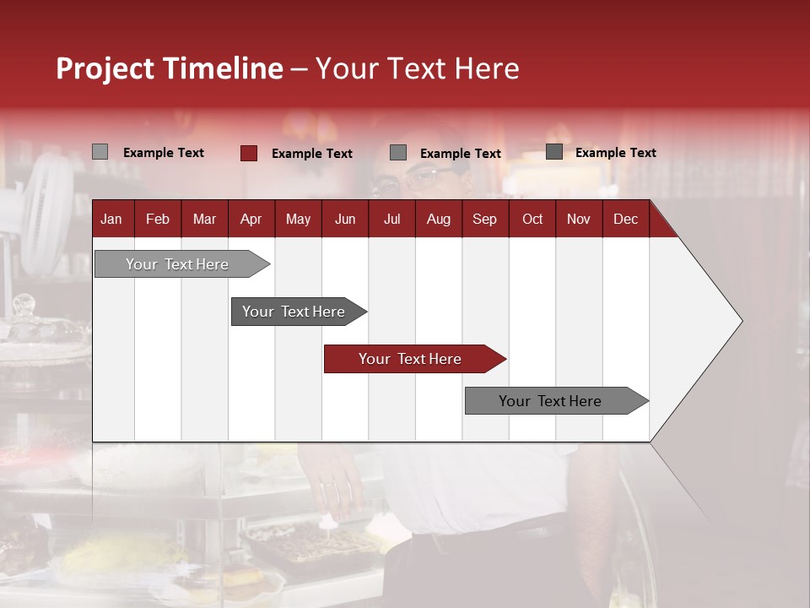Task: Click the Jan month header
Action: pos(111,220)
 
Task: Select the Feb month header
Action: pos(158,220)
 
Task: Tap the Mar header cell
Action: pos(204,220)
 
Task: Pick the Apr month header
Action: pos(251,220)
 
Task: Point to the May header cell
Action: pos(298,220)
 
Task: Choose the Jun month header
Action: pos(345,220)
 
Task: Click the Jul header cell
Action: pos(391,220)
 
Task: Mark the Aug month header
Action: pos(438,220)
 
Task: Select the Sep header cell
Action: pos(484,220)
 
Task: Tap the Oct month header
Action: pos(532,220)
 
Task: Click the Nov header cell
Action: pos(579,220)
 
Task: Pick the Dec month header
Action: pos(625,220)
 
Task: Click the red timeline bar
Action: pos(410,359)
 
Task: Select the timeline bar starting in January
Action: pos(177,264)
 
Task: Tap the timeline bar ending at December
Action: pos(550,401)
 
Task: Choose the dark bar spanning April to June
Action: pos(294,312)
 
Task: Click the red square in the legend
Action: pos(249,153)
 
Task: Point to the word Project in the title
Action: pos(105,68)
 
